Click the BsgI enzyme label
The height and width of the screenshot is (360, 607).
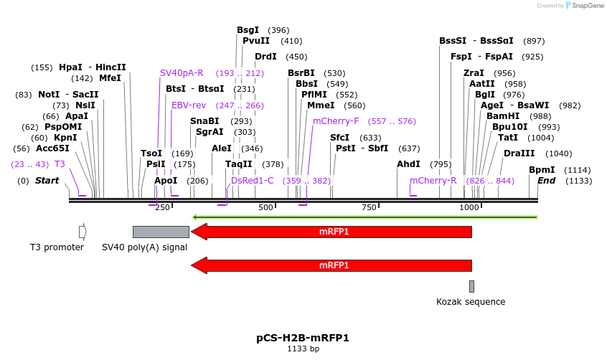(x=248, y=30)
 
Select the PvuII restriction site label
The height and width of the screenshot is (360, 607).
(x=256, y=41)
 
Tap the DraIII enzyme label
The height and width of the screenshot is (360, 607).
(x=519, y=153)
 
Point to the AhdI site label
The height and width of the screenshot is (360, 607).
(x=408, y=164)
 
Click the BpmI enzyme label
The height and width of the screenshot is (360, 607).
(x=542, y=170)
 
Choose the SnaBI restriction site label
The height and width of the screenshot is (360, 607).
(x=204, y=121)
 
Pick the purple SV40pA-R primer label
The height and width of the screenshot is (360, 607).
(x=182, y=73)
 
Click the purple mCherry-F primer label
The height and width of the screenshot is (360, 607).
(x=336, y=121)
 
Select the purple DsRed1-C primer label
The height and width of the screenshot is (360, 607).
(x=253, y=181)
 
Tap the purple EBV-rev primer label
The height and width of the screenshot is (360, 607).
(x=189, y=105)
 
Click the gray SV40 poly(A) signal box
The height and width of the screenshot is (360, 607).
(x=161, y=232)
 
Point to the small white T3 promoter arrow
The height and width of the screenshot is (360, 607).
(x=83, y=232)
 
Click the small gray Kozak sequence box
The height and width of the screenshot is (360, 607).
(x=471, y=286)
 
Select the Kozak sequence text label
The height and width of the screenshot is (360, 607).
(x=471, y=302)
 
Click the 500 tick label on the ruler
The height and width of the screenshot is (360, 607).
(x=266, y=207)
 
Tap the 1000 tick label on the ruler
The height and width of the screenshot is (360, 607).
(x=469, y=207)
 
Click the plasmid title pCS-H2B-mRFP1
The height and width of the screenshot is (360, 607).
(x=303, y=338)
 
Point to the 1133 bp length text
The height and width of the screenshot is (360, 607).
(x=303, y=349)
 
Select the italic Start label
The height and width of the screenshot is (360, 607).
(x=47, y=181)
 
